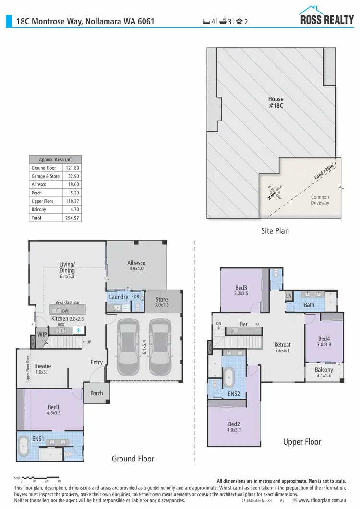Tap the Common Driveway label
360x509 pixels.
pyautogui.click(x=320, y=200)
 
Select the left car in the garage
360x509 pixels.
pyautogui.click(x=128, y=350)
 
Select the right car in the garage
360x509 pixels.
pyautogui.click(x=158, y=350)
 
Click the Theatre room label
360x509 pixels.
pyautogui.click(x=42, y=369)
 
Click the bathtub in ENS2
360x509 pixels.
pyautogui.click(x=229, y=377)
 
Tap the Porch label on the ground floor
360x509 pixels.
pyautogui.click(x=96, y=393)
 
